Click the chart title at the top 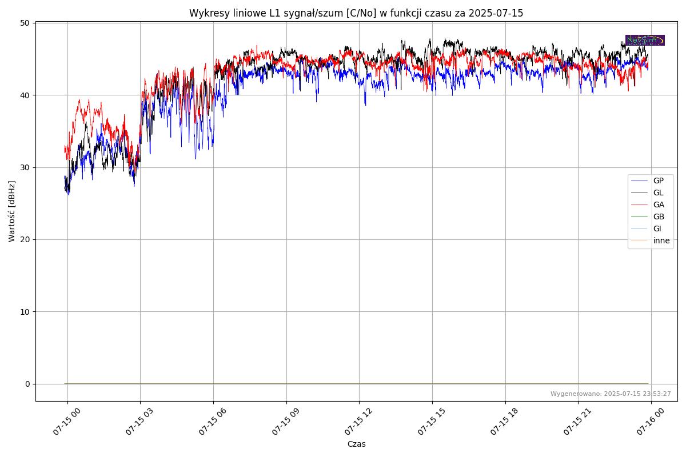pyautogui.click(x=356, y=13)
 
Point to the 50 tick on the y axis pyautogui.click(x=25, y=23)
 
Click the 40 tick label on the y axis pyautogui.click(x=25, y=95)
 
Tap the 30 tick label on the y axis pyautogui.click(x=25, y=167)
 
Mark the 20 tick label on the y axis pyautogui.click(x=25, y=239)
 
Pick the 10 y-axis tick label pyautogui.click(x=25, y=311)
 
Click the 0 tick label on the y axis pyautogui.click(x=27, y=384)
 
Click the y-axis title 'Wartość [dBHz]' pyautogui.click(x=12, y=211)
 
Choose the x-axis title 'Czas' pyautogui.click(x=356, y=444)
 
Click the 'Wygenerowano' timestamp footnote pyautogui.click(x=611, y=394)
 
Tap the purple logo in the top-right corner pyautogui.click(x=645, y=40)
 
